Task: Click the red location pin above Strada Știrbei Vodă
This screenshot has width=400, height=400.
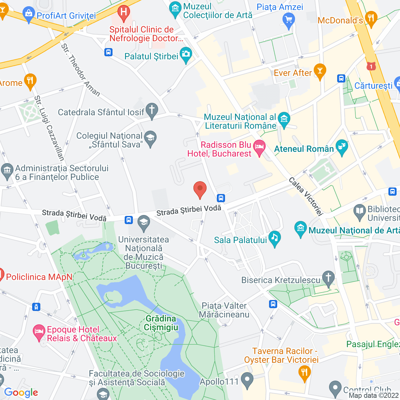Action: click(x=200, y=189)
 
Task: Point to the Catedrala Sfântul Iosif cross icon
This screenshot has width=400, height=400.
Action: click(x=152, y=110)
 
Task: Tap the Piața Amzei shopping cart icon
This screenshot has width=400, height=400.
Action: click(x=288, y=20)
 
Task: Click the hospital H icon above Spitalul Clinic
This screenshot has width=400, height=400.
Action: click(x=124, y=13)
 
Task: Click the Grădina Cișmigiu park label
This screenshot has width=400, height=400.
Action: click(x=161, y=323)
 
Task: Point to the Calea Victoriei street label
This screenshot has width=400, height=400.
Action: click(x=305, y=197)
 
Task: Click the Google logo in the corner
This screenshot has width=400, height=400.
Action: click(x=21, y=392)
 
